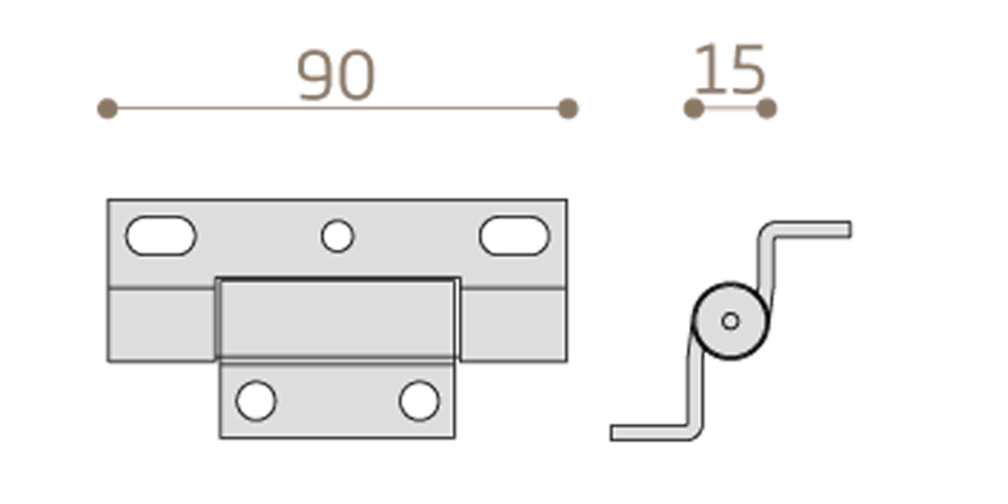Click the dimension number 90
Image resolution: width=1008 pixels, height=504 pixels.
(x=335, y=75)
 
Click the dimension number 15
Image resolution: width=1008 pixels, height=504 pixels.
(x=729, y=70)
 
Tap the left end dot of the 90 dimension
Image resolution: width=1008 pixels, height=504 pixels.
(x=107, y=108)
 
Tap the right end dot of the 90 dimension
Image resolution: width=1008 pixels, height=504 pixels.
(x=568, y=108)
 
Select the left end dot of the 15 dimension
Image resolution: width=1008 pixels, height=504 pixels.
(x=694, y=108)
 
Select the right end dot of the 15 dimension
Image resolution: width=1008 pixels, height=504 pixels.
(x=767, y=108)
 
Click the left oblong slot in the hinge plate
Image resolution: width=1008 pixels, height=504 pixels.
(x=161, y=236)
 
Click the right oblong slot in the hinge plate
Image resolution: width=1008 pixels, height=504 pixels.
(x=514, y=236)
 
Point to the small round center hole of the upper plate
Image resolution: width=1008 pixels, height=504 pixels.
(x=337, y=236)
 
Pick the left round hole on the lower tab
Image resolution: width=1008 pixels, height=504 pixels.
(x=256, y=401)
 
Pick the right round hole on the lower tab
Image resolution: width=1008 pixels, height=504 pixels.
(x=419, y=401)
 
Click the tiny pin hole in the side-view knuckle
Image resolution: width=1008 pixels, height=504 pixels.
(x=730, y=321)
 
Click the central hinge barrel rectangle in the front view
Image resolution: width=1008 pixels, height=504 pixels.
(x=337, y=319)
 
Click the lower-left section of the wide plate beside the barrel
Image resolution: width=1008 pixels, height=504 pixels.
(x=161, y=325)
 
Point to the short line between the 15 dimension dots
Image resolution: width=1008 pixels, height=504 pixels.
(x=730, y=107)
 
